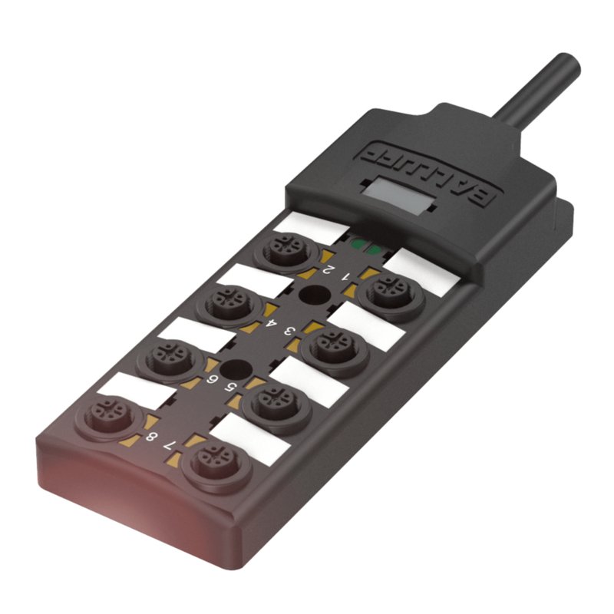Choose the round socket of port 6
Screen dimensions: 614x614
pyautogui.click(x=169, y=355)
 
